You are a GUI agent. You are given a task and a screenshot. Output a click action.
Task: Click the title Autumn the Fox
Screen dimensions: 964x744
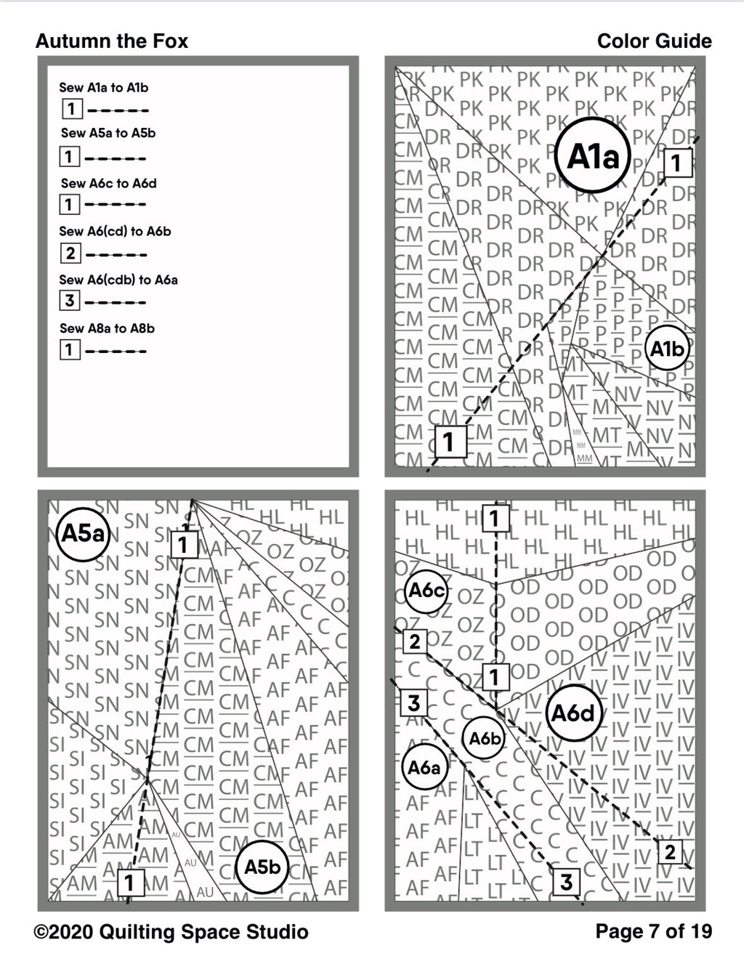tap(111, 41)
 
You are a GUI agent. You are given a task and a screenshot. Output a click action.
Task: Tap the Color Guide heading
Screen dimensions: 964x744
tap(654, 41)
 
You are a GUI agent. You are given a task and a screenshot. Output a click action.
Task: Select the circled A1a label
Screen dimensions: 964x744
tap(592, 155)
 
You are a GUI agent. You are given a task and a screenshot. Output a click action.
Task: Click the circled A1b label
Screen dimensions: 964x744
tap(667, 349)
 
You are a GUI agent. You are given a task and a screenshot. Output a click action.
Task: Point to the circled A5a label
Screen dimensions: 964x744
tap(83, 534)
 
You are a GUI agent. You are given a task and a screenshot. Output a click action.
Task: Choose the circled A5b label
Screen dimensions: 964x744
tap(262, 867)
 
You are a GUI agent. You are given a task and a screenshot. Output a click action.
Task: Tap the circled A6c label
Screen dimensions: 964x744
tap(426, 590)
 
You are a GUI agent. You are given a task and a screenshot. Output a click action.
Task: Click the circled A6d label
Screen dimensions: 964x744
tap(573, 713)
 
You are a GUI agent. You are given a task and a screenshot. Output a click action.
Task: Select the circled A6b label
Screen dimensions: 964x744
tap(485, 739)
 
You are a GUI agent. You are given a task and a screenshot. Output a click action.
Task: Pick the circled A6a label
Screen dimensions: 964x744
tap(424, 767)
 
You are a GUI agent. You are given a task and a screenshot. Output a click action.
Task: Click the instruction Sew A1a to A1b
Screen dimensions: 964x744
tap(103, 87)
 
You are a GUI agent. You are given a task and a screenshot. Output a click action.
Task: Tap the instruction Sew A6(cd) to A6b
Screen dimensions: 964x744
tap(115, 231)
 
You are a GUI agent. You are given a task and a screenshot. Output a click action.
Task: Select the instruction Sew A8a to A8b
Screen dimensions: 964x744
tap(107, 328)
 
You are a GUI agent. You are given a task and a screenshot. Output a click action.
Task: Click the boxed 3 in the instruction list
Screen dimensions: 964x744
tap(70, 300)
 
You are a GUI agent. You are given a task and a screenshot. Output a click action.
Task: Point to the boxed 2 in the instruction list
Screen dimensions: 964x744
tap(70, 253)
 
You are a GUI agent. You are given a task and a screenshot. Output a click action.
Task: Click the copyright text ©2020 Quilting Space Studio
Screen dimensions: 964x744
tap(171, 932)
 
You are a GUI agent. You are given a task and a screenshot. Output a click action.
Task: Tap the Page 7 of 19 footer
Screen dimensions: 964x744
tap(653, 931)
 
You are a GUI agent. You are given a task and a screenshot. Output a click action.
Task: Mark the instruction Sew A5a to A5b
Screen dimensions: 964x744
tap(108, 133)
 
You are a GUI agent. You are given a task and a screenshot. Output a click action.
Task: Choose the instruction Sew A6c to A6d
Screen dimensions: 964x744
tap(108, 183)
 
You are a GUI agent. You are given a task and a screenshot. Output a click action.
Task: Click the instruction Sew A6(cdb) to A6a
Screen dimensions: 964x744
tap(118, 280)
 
